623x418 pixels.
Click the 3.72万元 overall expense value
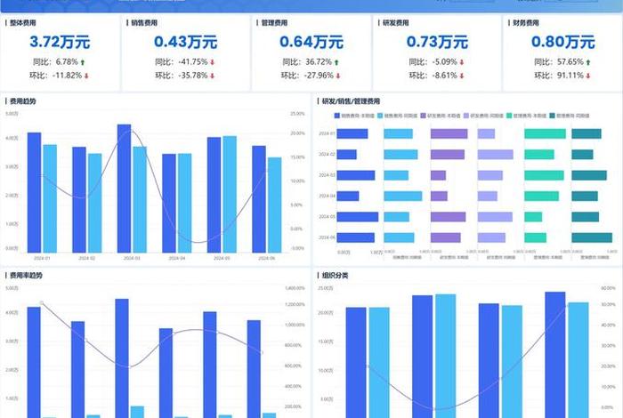coord(60,42)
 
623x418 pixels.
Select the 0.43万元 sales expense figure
coord(185,42)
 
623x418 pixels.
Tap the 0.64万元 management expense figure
coord(311,42)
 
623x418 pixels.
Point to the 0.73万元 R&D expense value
coord(437,42)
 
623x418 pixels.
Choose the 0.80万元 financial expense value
coord(562,42)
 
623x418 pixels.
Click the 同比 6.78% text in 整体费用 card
coord(55,62)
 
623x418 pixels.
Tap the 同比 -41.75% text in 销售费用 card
coord(181,62)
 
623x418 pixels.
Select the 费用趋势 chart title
coord(22,101)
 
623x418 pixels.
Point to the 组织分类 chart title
coord(335,275)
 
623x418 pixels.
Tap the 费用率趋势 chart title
coord(25,275)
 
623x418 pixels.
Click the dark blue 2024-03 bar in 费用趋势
coord(124,188)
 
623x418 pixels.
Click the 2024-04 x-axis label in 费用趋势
coord(177,258)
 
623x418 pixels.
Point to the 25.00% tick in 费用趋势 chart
coord(297,114)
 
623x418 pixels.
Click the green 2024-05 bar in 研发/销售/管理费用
coord(533,217)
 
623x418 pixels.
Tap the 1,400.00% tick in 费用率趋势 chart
coord(295,288)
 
